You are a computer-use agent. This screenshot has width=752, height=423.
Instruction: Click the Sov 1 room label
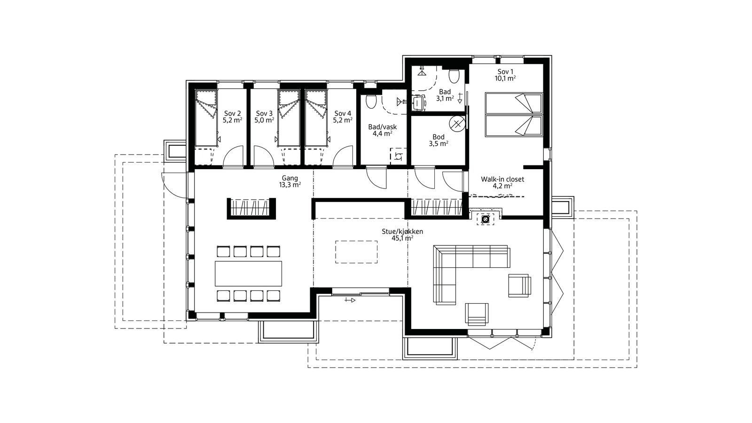tap(505, 71)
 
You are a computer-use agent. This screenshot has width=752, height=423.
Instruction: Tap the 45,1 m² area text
tap(402, 238)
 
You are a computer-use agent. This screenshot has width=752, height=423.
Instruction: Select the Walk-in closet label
tap(502, 179)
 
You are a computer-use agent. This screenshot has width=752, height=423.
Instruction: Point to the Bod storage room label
tap(439, 137)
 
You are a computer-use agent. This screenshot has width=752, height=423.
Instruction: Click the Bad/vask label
tap(383, 127)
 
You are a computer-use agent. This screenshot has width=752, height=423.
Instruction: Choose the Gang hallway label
tap(290, 178)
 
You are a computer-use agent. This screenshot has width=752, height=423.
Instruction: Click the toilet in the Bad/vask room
tap(371, 102)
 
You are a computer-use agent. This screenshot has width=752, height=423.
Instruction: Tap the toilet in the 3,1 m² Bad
tap(454, 76)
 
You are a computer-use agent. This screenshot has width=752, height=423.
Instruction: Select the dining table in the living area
tap(248, 274)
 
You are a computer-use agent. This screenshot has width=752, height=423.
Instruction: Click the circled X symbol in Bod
tap(457, 124)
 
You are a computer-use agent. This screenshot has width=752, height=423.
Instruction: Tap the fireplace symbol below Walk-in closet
tap(485, 219)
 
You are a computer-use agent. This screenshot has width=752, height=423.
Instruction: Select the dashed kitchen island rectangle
tap(356, 252)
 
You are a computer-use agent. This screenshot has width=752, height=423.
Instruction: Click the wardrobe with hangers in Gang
tap(251, 209)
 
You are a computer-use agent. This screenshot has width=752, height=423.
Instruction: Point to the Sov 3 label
tap(264, 113)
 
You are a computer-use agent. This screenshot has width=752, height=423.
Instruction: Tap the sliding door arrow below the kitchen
tap(350, 300)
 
